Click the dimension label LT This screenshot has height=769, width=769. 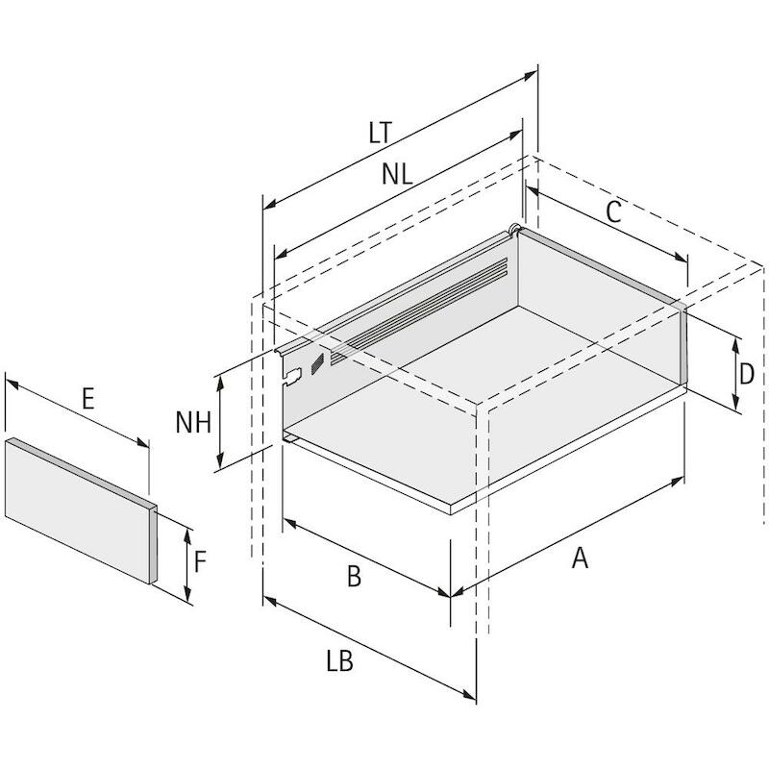click(381, 133)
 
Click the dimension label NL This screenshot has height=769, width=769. click(397, 174)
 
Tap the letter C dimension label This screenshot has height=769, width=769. click(613, 211)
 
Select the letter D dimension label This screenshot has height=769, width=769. click(747, 374)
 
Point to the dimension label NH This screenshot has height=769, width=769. click(193, 422)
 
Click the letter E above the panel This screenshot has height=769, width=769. click(87, 398)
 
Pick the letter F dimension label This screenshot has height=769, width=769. click(200, 562)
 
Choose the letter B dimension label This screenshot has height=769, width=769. click(354, 576)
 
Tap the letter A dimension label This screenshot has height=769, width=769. click(580, 558)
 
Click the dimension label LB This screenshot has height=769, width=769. click(339, 660)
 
